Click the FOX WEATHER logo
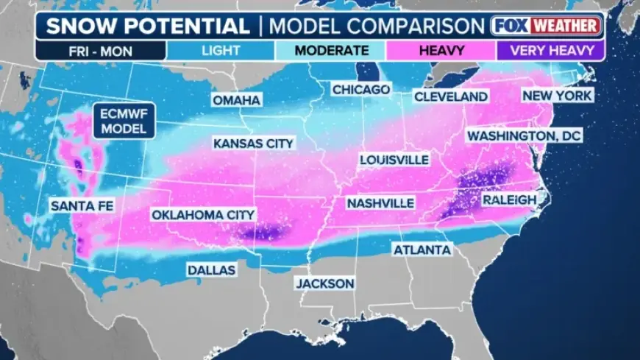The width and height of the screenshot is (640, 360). pyautogui.click(x=546, y=26)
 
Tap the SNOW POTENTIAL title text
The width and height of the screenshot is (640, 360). pyautogui.click(x=147, y=27)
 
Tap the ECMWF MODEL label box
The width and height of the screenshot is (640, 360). pyautogui.click(x=124, y=120)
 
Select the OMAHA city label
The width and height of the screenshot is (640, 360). pyautogui.click(x=236, y=100)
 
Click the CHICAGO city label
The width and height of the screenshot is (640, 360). pyautogui.click(x=360, y=89)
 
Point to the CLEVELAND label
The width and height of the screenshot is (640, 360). pyautogui.click(x=451, y=96)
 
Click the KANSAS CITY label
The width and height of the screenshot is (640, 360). pyautogui.click(x=253, y=144)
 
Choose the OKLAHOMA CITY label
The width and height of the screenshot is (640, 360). pyautogui.click(x=203, y=215)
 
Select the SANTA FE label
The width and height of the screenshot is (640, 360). pyautogui.click(x=82, y=206)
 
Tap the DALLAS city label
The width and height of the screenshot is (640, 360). pyautogui.click(x=211, y=270)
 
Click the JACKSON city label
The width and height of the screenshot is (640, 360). pyautogui.click(x=324, y=283)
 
